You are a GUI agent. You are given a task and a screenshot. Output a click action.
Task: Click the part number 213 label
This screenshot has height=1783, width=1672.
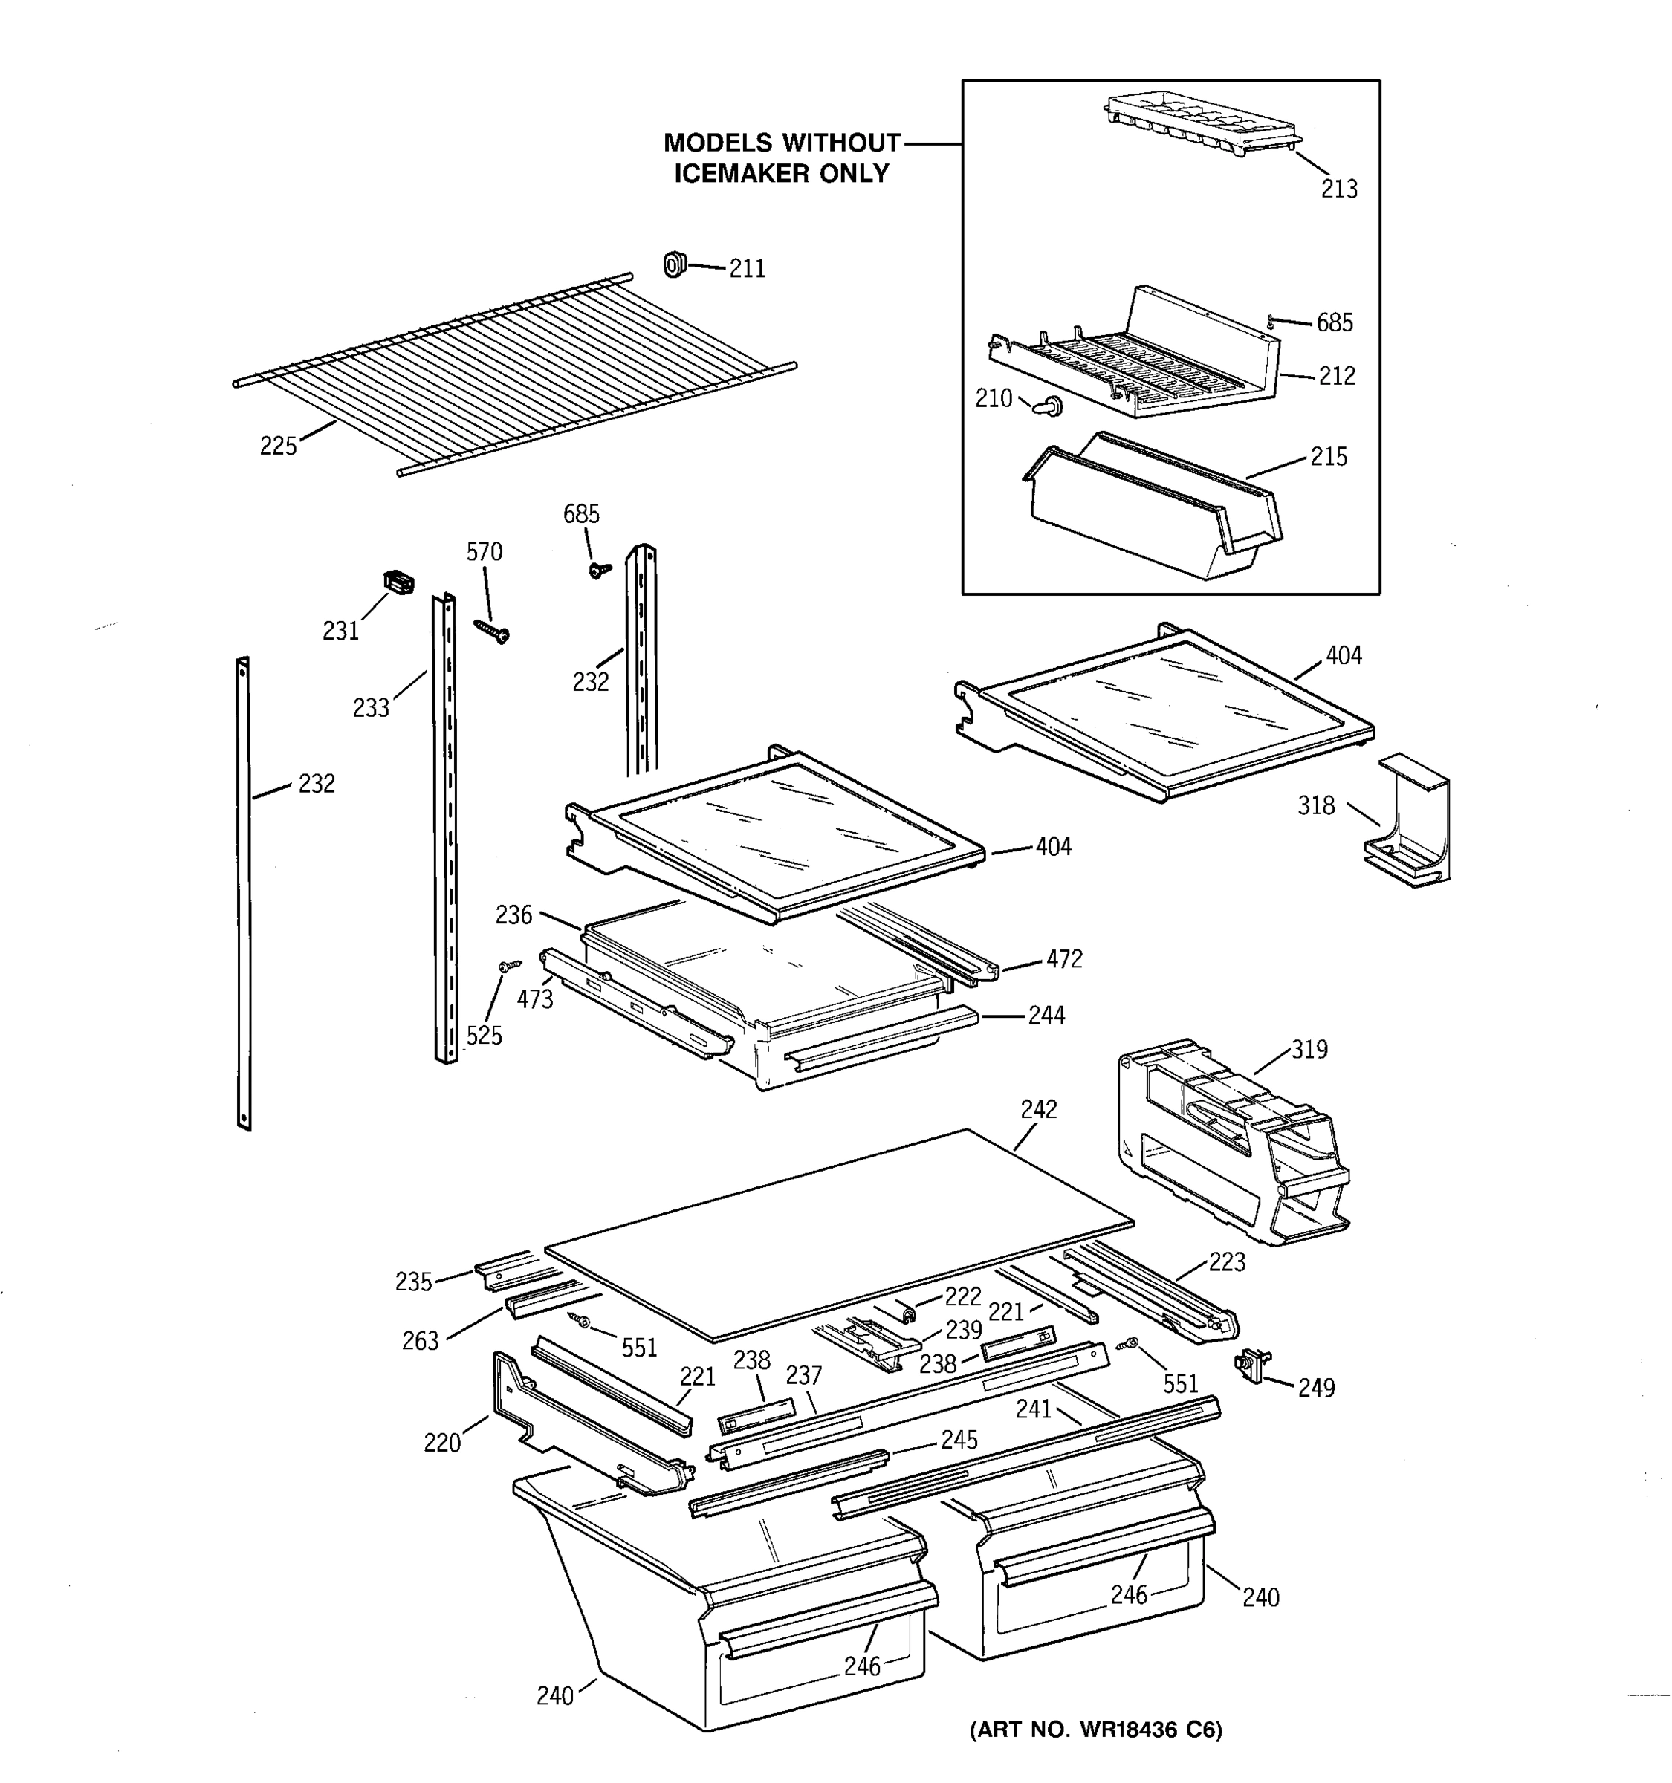[x=1338, y=189]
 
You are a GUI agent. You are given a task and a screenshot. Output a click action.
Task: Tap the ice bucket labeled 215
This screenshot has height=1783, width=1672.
[x=1153, y=507]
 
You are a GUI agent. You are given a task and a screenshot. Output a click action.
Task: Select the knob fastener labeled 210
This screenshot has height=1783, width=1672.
[x=1046, y=407]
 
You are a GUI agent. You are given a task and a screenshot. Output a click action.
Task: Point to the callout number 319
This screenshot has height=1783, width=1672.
[x=1309, y=1049]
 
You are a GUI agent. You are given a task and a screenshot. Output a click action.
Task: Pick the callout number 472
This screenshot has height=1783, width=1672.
[x=1064, y=959]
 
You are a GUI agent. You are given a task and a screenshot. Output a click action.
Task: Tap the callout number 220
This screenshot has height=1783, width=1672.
[x=441, y=1443]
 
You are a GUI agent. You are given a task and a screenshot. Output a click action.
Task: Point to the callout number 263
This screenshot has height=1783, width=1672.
[x=420, y=1341]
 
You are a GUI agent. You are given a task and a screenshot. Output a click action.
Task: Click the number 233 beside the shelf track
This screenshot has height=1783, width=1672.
[x=371, y=709]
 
